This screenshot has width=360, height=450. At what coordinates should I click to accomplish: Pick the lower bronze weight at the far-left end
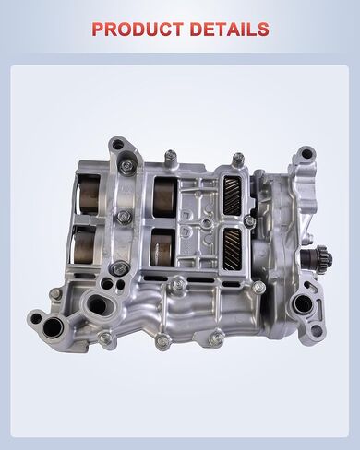point(87,245)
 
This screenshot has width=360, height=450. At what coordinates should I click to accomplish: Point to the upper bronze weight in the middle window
point(163,195)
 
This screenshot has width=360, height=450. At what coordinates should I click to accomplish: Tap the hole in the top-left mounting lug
point(116,144)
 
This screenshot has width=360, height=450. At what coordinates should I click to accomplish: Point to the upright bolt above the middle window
point(172,159)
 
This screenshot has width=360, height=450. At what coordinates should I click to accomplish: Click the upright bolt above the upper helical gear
point(237,160)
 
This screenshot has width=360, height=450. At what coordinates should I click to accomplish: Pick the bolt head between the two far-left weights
point(123,218)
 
